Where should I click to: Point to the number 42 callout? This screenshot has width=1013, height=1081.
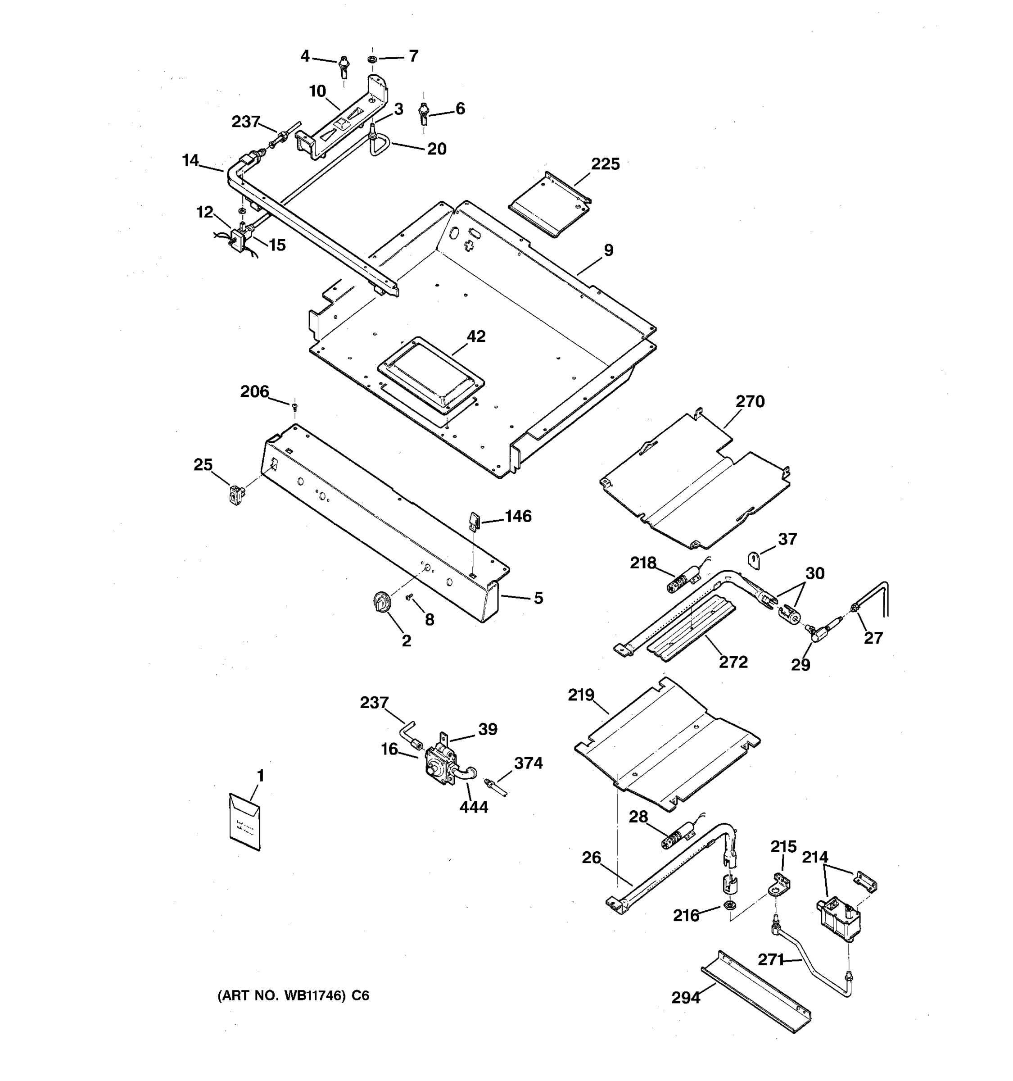(476, 336)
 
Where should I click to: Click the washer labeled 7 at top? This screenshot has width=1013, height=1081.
(372, 59)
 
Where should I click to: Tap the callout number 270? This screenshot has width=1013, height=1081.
(750, 401)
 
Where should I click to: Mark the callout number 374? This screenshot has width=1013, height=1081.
(528, 763)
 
